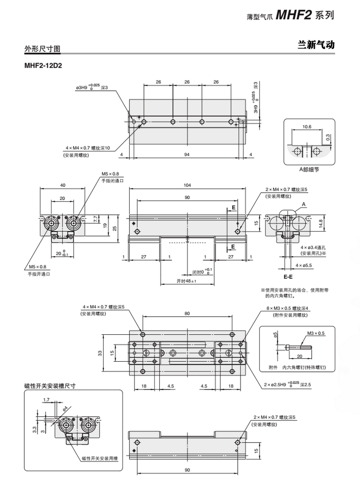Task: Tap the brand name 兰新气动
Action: coord(316,45)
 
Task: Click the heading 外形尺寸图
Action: coord(43,49)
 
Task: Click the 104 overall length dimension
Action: coord(187,185)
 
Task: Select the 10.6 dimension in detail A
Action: coord(307,127)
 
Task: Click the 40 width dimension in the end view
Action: coord(62,185)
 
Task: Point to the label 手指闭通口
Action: coord(112,181)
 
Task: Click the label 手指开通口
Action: coord(39,273)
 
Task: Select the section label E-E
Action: coord(288,277)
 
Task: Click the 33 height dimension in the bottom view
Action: coord(100,353)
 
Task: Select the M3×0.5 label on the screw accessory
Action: coord(315,333)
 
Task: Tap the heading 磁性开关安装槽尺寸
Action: coord(50,385)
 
